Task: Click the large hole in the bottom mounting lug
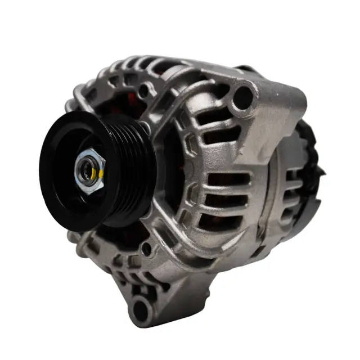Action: [142, 307]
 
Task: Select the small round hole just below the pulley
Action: [147, 247]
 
